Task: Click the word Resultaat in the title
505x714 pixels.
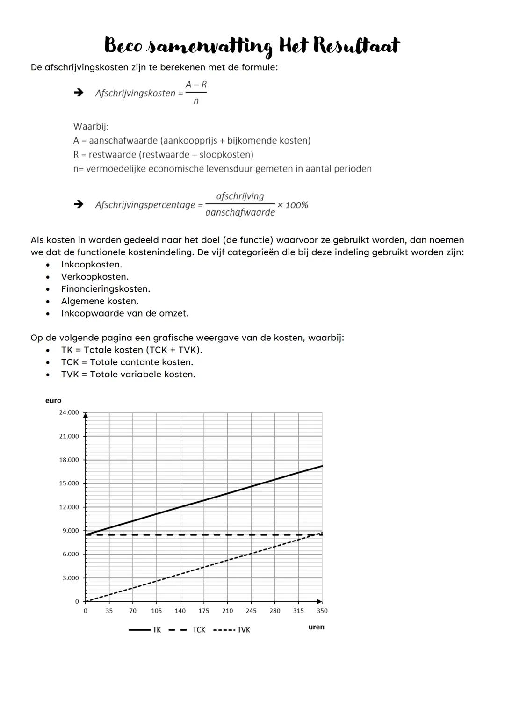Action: coord(356,46)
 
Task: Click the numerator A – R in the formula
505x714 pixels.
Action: coord(196,85)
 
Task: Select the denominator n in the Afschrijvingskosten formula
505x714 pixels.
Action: coord(196,101)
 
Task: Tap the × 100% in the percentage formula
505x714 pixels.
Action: coord(293,205)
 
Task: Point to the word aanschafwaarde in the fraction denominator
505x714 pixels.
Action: coord(240,213)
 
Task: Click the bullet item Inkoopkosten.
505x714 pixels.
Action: coord(91,265)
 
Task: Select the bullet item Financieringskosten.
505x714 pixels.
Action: coord(105,289)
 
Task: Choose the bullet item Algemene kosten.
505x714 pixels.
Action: coord(100,301)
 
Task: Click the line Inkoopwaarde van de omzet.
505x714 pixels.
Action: coord(125,313)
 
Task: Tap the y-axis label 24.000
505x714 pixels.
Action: coord(69,412)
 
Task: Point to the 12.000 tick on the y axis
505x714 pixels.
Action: coord(69,507)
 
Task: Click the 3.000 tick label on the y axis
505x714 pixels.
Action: coord(71,578)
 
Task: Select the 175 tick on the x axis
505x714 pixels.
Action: coord(204,611)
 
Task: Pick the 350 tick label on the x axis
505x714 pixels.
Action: coord(322,611)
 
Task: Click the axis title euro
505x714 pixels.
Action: coord(53,401)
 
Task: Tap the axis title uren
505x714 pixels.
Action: coord(316,627)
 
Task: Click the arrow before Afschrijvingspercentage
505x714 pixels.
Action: coord(79,204)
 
